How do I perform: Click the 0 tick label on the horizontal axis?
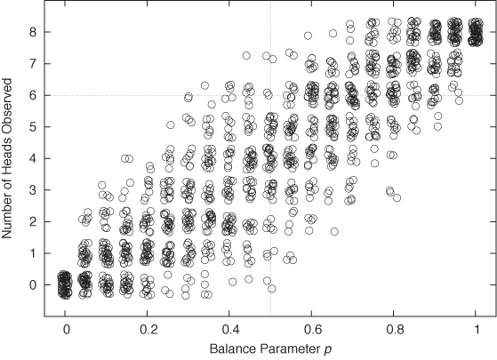(66, 328)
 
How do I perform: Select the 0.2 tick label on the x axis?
(148, 328)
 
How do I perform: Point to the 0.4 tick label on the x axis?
(229, 328)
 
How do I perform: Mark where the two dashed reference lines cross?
(270, 95)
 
